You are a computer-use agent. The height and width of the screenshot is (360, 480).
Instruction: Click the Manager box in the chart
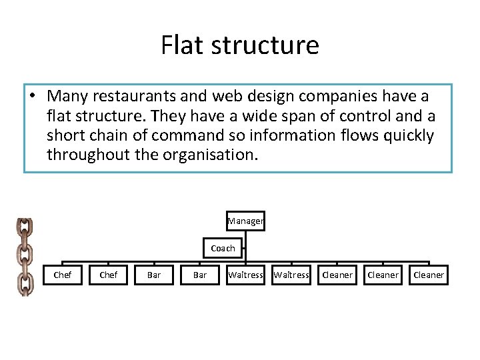(246, 221)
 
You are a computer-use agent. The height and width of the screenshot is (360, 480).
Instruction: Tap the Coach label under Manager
(223, 248)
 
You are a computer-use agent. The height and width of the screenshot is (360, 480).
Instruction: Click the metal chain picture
(25, 257)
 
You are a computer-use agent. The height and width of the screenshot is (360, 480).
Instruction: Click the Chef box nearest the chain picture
(62, 275)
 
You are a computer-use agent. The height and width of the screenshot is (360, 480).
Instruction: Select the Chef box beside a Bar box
(108, 275)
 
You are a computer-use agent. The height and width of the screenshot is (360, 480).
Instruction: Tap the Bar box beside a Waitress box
(200, 275)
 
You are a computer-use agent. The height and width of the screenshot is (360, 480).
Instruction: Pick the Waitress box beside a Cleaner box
(291, 275)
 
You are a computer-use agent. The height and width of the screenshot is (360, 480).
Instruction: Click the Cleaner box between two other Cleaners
(383, 275)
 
